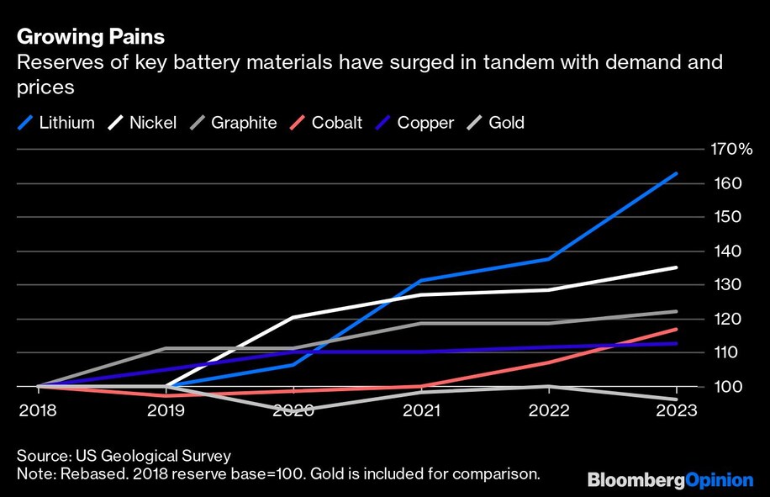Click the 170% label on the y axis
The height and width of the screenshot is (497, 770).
732,150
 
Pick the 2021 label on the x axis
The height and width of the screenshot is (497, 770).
422,410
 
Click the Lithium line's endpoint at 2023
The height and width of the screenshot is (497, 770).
677,174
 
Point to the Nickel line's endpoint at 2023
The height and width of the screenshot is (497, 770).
677,267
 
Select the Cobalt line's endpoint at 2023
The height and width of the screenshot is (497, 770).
677,329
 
